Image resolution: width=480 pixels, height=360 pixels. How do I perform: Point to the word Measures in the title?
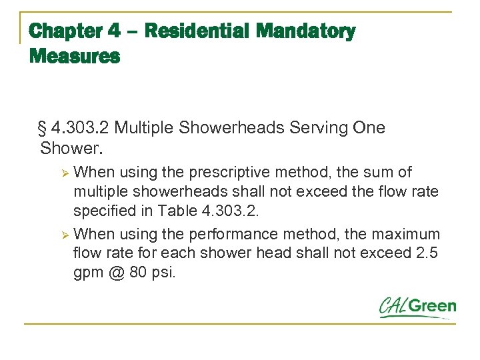[x=75, y=57]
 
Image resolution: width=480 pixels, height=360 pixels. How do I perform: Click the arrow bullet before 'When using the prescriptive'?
[x=65, y=173]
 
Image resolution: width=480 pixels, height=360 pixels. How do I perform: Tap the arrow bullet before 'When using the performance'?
[x=65, y=235]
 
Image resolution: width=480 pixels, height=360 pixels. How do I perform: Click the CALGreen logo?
[x=417, y=307]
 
